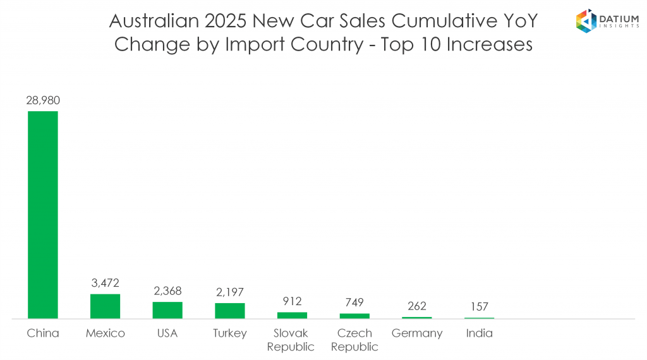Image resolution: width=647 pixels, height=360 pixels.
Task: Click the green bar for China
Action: [x=42, y=215]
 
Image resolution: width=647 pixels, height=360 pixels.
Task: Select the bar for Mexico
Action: [x=105, y=306]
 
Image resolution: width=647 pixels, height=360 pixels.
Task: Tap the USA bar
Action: [x=167, y=310]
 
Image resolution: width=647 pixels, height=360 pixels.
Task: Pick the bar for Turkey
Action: [x=229, y=311]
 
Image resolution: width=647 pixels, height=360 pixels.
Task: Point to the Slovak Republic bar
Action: [x=292, y=315]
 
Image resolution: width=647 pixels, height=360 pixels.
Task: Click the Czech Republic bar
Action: [x=354, y=316]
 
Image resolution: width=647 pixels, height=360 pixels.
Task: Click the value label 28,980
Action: [x=43, y=100]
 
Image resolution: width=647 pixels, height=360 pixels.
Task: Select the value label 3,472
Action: [x=105, y=282]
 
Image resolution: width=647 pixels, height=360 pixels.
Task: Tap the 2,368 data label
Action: [x=167, y=291]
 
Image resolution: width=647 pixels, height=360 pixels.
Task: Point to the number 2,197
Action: [x=229, y=292]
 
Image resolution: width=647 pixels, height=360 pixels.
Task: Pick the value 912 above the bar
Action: [x=292, y=301]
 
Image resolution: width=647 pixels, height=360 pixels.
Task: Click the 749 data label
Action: [x=354, y=303]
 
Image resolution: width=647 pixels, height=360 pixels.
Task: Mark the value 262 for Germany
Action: [x=417, y=306]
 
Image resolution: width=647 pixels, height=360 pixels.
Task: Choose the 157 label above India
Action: [x=480, y=307]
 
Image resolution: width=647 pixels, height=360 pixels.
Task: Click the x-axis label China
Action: [x=43, y=333]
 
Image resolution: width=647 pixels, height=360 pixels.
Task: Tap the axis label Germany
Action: [x=417, y=333]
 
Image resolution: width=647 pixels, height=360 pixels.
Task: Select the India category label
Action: [x=480, y=333]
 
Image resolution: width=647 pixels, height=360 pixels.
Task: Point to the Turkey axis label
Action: [x=229, y=333]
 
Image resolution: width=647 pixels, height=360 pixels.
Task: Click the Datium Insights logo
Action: [x=605, y=21]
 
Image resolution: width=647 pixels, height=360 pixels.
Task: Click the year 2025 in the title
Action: [x=224, y=21]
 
